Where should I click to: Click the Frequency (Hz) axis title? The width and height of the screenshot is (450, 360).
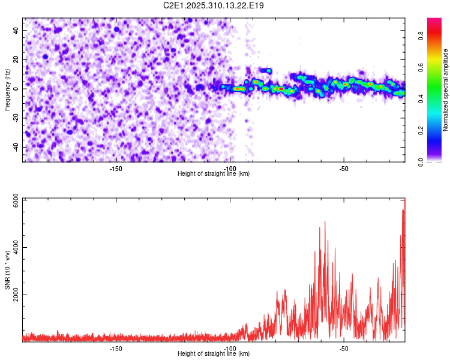(7, 89)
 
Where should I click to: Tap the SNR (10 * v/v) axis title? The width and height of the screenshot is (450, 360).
(7, 270)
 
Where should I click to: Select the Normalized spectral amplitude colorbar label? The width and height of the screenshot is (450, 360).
(446, 90)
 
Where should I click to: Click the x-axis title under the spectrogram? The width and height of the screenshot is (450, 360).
(214, 173)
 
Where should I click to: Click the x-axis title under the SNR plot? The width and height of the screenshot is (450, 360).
(214, 353)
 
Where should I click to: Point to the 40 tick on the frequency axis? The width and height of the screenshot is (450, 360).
(16, 30)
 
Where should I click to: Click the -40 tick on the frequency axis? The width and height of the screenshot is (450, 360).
(15, 148)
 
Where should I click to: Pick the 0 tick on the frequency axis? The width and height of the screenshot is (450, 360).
(18, 89)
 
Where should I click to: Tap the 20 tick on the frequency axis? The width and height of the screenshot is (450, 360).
(16, 59)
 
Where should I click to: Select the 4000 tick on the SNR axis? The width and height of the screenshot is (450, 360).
(13, 247)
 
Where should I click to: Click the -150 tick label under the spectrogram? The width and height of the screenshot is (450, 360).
(116, 169)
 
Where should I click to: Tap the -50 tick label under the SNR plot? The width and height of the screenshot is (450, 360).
(344, 349)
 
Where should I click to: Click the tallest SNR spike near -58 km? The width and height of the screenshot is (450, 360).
(325, 221)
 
